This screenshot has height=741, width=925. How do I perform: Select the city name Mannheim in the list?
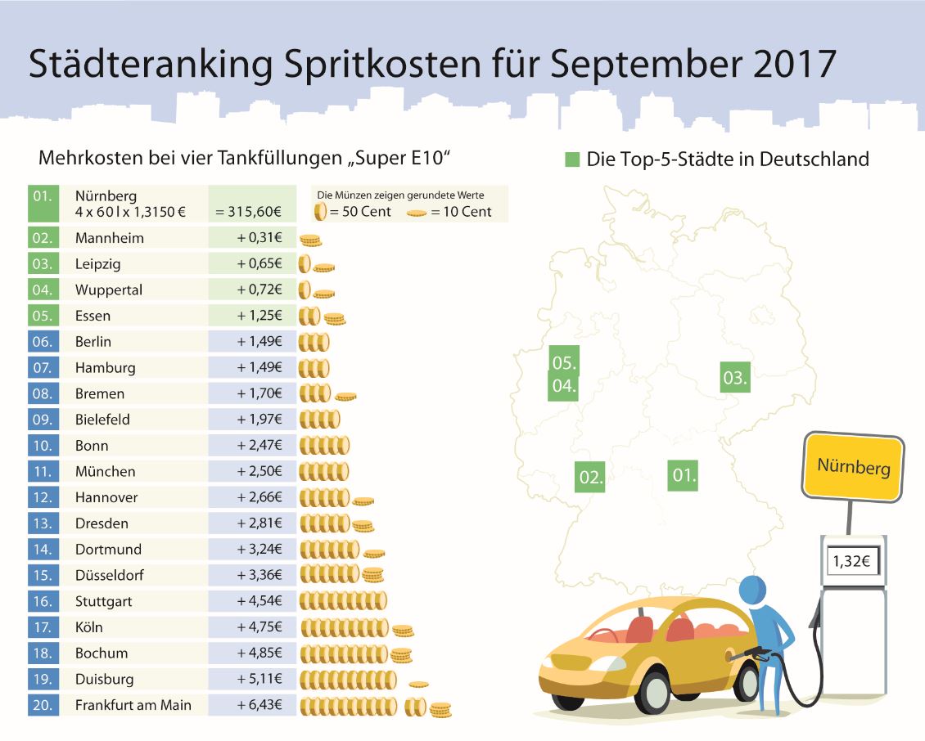[109, 238]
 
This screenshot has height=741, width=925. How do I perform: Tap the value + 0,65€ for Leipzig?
[259, 264]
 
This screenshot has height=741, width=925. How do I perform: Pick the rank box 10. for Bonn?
[43, 446]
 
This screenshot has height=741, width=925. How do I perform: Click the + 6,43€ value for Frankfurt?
[259, 705]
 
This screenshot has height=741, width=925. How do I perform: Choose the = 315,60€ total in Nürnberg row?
[249, 212]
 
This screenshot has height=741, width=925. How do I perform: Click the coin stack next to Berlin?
[314, 343]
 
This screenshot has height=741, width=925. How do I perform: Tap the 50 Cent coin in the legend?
[320, 212]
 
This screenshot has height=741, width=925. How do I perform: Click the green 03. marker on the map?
[735, 377]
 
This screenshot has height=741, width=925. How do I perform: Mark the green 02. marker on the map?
[591, 476]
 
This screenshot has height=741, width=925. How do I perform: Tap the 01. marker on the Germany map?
[684, 474]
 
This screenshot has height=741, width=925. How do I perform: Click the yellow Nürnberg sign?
[853, 466]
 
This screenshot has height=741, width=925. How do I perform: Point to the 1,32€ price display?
[851, 562]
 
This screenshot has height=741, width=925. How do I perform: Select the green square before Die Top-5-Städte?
[572, 159]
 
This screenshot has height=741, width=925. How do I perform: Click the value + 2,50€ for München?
[259, 472]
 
